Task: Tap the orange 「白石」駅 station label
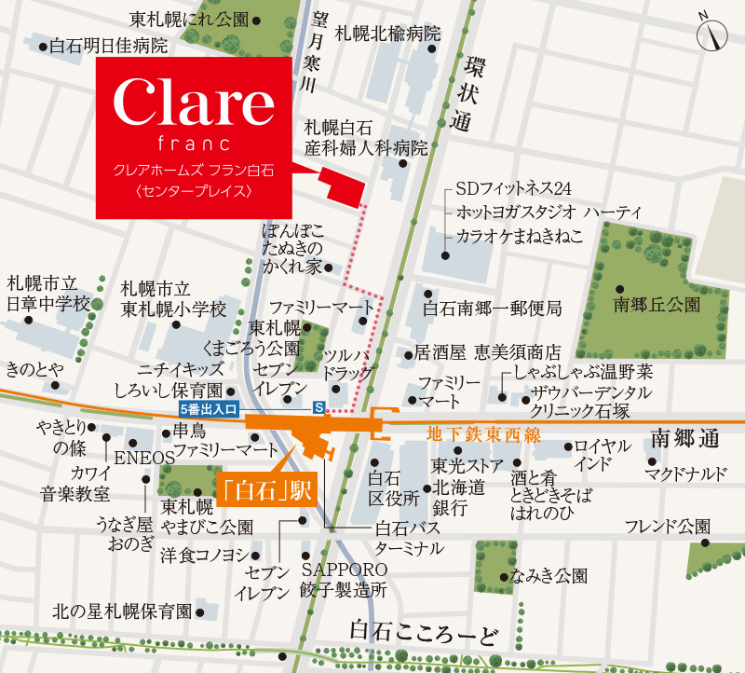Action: [266, 488]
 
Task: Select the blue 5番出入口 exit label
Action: [210, 408]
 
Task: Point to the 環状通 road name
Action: [463, 89]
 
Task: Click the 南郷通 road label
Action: [688, 437]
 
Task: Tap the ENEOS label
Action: [144, 458]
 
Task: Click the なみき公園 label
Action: [553, 576]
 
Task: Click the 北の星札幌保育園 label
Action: [122, 611]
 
